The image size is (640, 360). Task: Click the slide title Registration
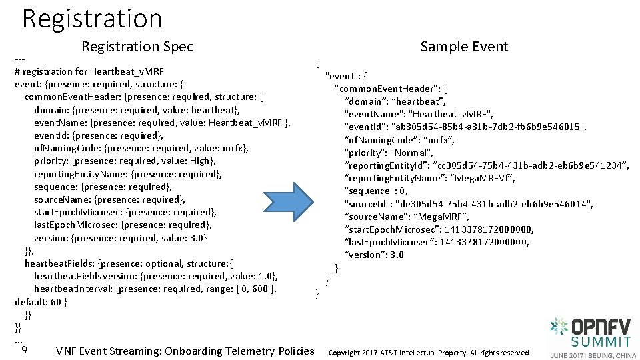pyautogui.click(x=92, y=18)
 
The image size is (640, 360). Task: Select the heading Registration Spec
pyautogui.click(x=137, y=47)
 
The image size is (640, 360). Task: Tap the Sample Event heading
pyautogui.click(x=464, y=47)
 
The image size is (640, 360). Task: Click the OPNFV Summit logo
pyautogui.click(x=593, y=337)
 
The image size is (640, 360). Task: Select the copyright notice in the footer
pyautogui.click(x=429, y=353)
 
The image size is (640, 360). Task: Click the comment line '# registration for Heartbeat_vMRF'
pyautogui.click(x=89, y=71)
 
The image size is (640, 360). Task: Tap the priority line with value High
pyautogui.click(x=125, y=161)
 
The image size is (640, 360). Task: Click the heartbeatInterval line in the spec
pyautogui.click(x=155, y=289)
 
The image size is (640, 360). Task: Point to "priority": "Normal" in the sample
pyautogui.click(x=389, y=153)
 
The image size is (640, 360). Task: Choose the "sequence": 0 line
pyautogui.click(x=377, y=191)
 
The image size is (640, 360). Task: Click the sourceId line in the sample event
pyautogui.click(x=469, y=203)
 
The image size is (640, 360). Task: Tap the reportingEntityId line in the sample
pyautogui.click(x=487, y=165)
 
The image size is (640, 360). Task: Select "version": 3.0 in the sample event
pyautogui.click(x=374, y=255)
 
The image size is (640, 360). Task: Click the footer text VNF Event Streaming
pyautogui.click(x=185, y=351)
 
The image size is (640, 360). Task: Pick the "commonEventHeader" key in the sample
pyautogui.click(x=391, y=89)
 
